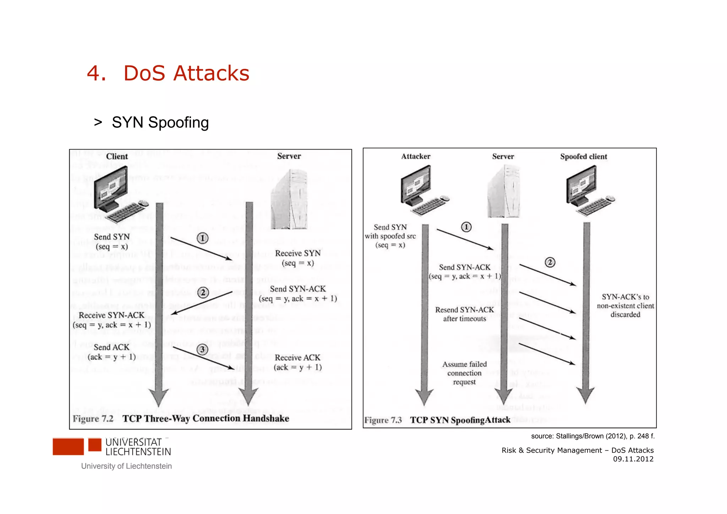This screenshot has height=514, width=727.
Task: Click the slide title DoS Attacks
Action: (x=186, y=74)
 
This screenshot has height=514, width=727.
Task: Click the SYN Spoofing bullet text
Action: (x=160, y=123)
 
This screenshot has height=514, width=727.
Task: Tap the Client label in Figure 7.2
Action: (x=117, y=157)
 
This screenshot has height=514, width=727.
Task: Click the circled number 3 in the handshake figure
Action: (x=202, y=350)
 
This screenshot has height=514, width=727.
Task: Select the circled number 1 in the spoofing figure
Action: (x=466, y=227)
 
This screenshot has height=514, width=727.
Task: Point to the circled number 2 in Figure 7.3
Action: (x=550, y=263)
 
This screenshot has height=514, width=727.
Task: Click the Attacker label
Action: (x=416, y=157)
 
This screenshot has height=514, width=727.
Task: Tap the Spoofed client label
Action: (x=584, y=157)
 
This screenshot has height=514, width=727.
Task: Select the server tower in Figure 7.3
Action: (x=504, y=192)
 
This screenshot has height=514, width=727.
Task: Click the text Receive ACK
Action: (x=297, y=358)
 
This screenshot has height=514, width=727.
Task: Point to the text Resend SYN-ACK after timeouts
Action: (x=464, y=314)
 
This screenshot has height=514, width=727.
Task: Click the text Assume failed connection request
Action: (x=464, y=373)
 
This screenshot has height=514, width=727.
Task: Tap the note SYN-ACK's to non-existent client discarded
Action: (x=625, y=305)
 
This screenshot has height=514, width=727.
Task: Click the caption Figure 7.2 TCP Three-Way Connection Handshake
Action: (x=181, y=419)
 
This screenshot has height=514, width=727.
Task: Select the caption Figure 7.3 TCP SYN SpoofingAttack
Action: (x=437, y=420)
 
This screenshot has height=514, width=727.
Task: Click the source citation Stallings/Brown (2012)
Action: (x=592, y=436)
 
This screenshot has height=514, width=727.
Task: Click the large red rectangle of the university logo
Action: (x=68, y=447)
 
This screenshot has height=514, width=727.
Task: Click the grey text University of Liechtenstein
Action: (x=126, y=466)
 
